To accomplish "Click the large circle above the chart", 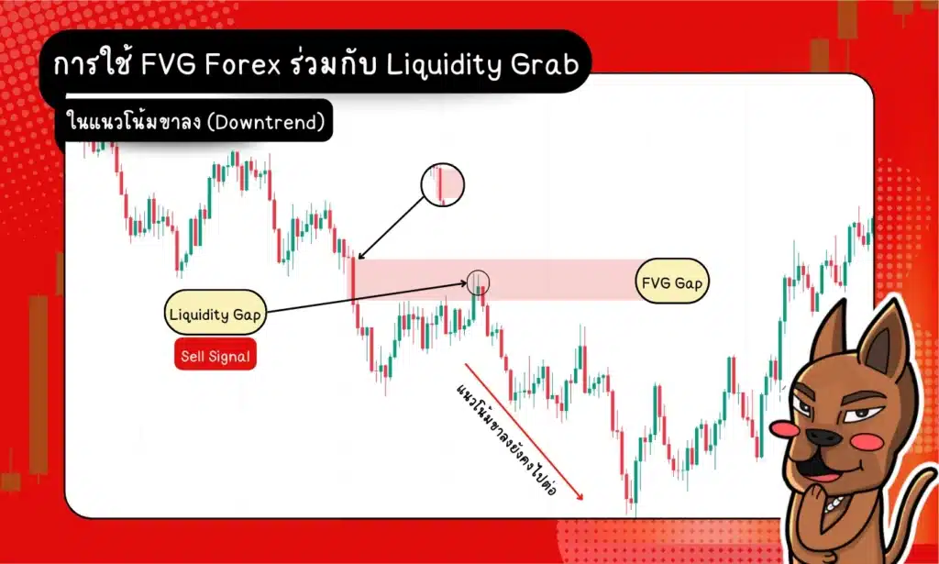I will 443,183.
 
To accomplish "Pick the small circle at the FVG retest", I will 479,282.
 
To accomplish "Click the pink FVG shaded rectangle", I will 550,279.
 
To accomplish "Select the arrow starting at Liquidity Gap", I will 367,298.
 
